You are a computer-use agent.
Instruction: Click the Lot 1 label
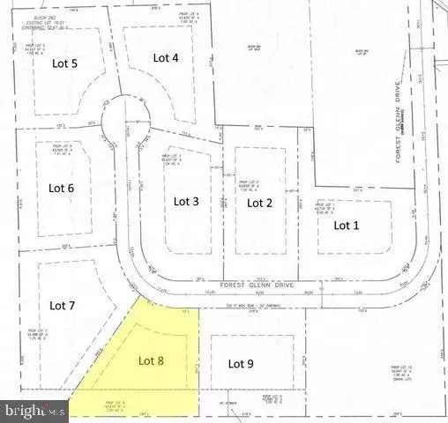pos(347,225)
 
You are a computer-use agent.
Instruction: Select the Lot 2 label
pos(258,203)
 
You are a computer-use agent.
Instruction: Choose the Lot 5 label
pos(62,63)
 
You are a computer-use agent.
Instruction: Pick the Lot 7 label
pos(63,306)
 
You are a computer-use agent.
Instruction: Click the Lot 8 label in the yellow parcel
pos(153,360)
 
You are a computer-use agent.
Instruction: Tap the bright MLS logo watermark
pos(34,410)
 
